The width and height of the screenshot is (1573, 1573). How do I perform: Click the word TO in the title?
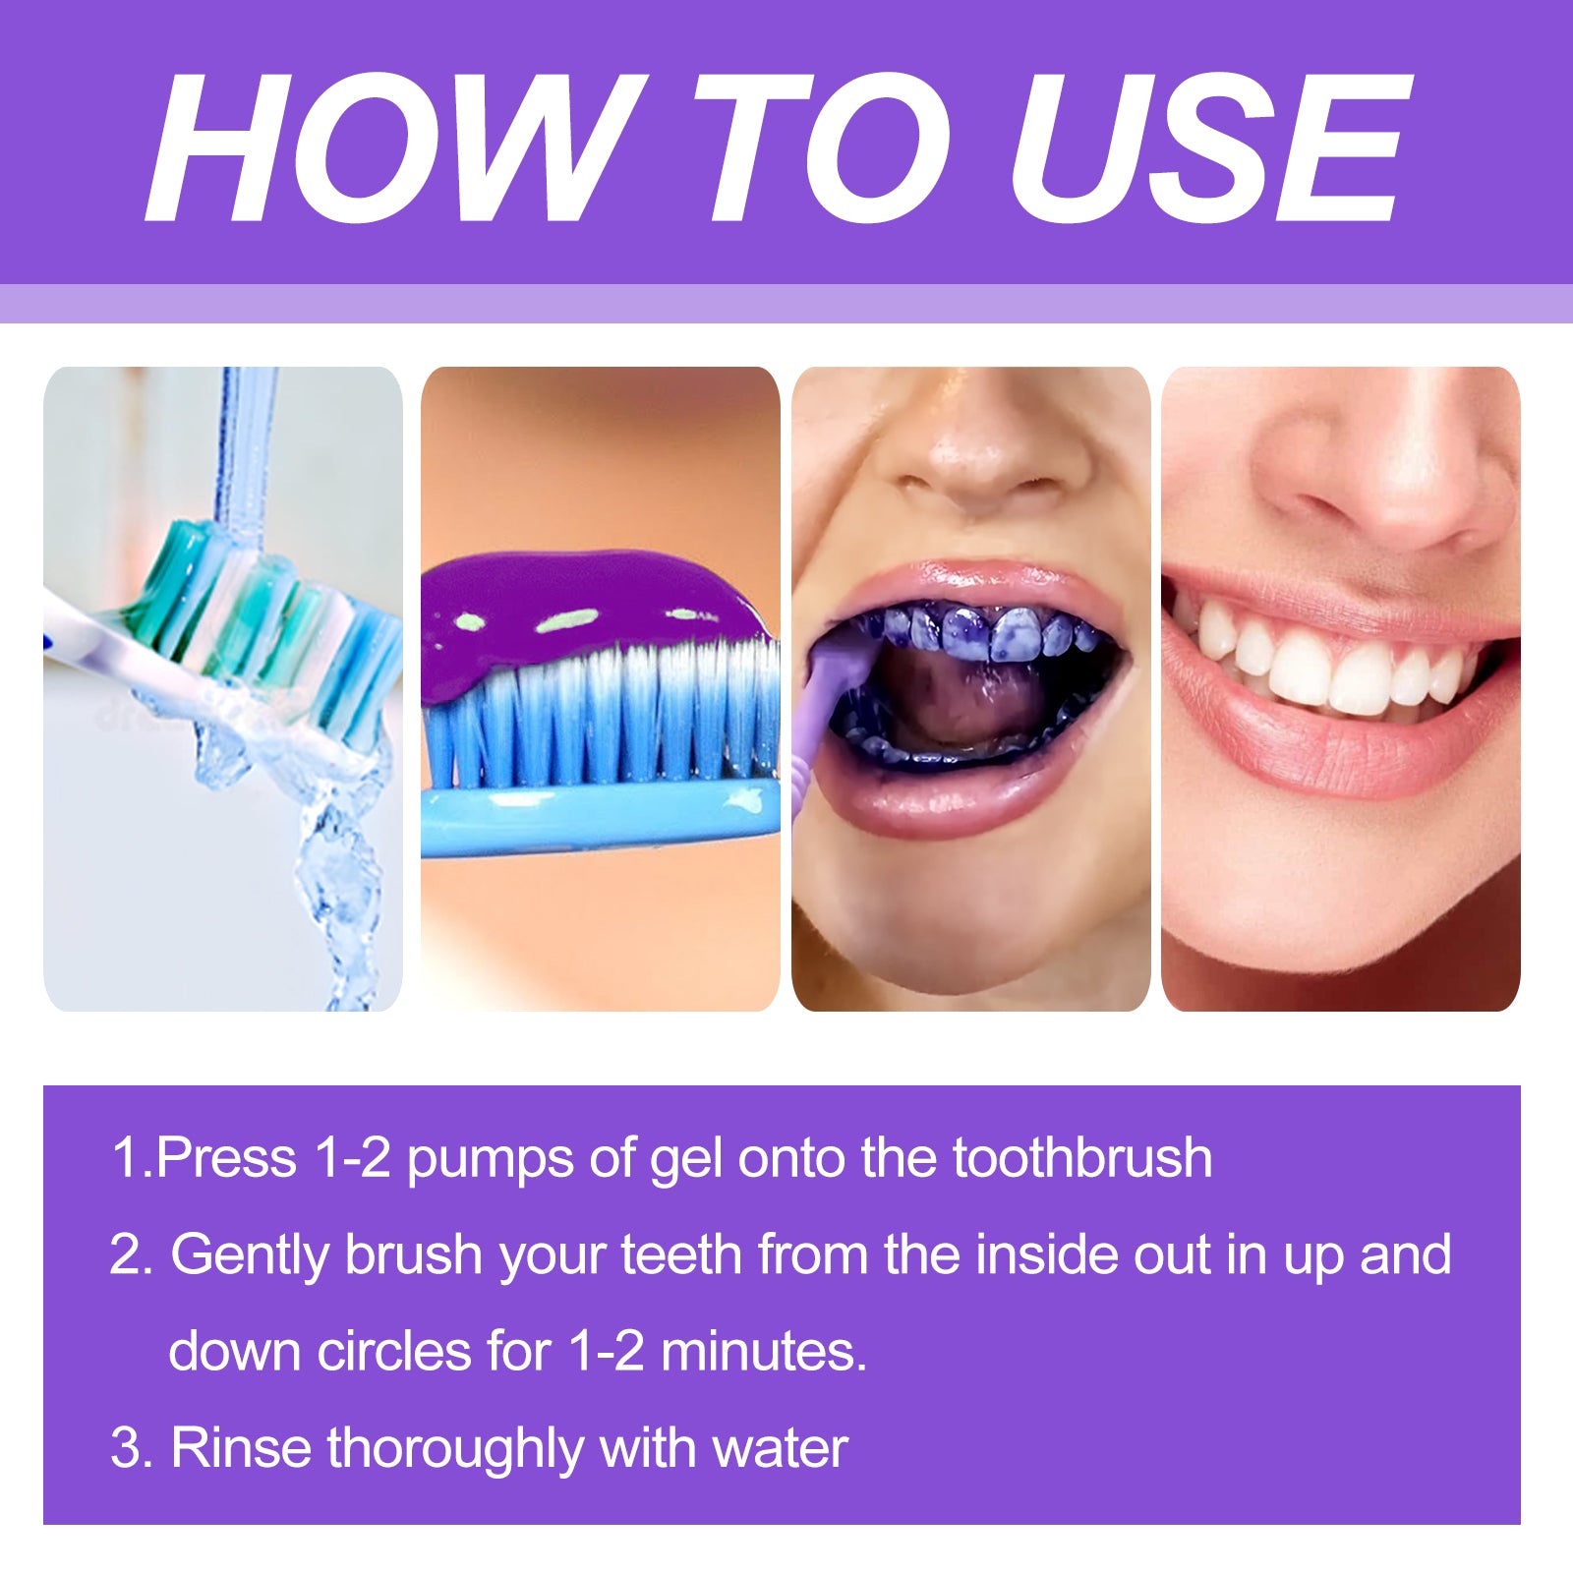pos(821,147)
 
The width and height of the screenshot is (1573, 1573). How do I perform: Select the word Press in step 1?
pos(226,1158)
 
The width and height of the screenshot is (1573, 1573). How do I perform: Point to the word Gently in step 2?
pos(251,1256)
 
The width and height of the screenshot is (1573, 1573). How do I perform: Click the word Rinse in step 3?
pos(240,1448)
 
